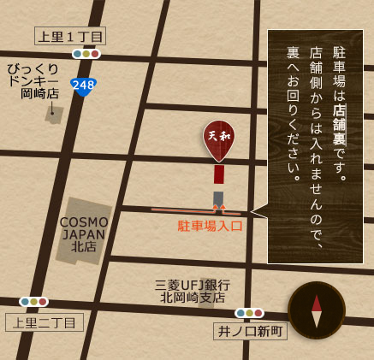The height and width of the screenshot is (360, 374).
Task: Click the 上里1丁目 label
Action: [70, 36]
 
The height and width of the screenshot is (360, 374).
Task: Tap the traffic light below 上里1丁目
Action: [86, 54]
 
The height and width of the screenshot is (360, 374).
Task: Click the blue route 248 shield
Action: [83, 86]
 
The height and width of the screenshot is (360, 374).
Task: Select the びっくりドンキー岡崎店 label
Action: [33, 80]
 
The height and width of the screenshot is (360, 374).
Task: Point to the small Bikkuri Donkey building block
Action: [55, 115]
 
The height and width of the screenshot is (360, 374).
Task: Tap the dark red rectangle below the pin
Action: [218, 174]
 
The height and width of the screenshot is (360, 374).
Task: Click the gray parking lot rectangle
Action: [218, 198]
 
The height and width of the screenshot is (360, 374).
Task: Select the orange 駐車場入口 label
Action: [211, 226]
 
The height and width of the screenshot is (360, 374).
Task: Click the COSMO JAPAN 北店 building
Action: [84, 229]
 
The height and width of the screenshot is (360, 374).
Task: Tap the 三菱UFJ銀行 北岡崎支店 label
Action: [192, 291]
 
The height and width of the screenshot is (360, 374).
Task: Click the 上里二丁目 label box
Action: [45, 322]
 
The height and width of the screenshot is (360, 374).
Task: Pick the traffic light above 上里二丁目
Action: [34, 302]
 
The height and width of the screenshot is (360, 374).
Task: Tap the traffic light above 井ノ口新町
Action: [249, 313]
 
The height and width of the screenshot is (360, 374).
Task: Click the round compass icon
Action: [317, 310]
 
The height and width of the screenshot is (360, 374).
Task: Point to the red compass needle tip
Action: [317, 300]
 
